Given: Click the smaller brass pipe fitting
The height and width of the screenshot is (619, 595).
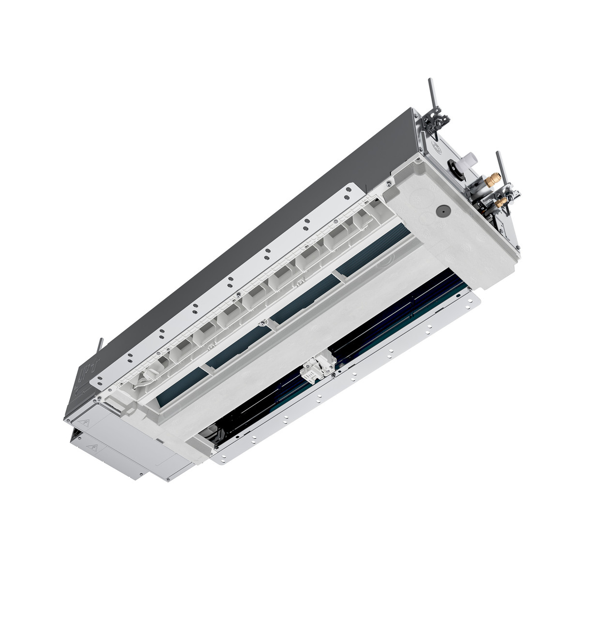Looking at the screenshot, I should pos(503,200).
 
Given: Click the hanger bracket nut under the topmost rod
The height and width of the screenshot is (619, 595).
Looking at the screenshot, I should pos(434,118).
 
